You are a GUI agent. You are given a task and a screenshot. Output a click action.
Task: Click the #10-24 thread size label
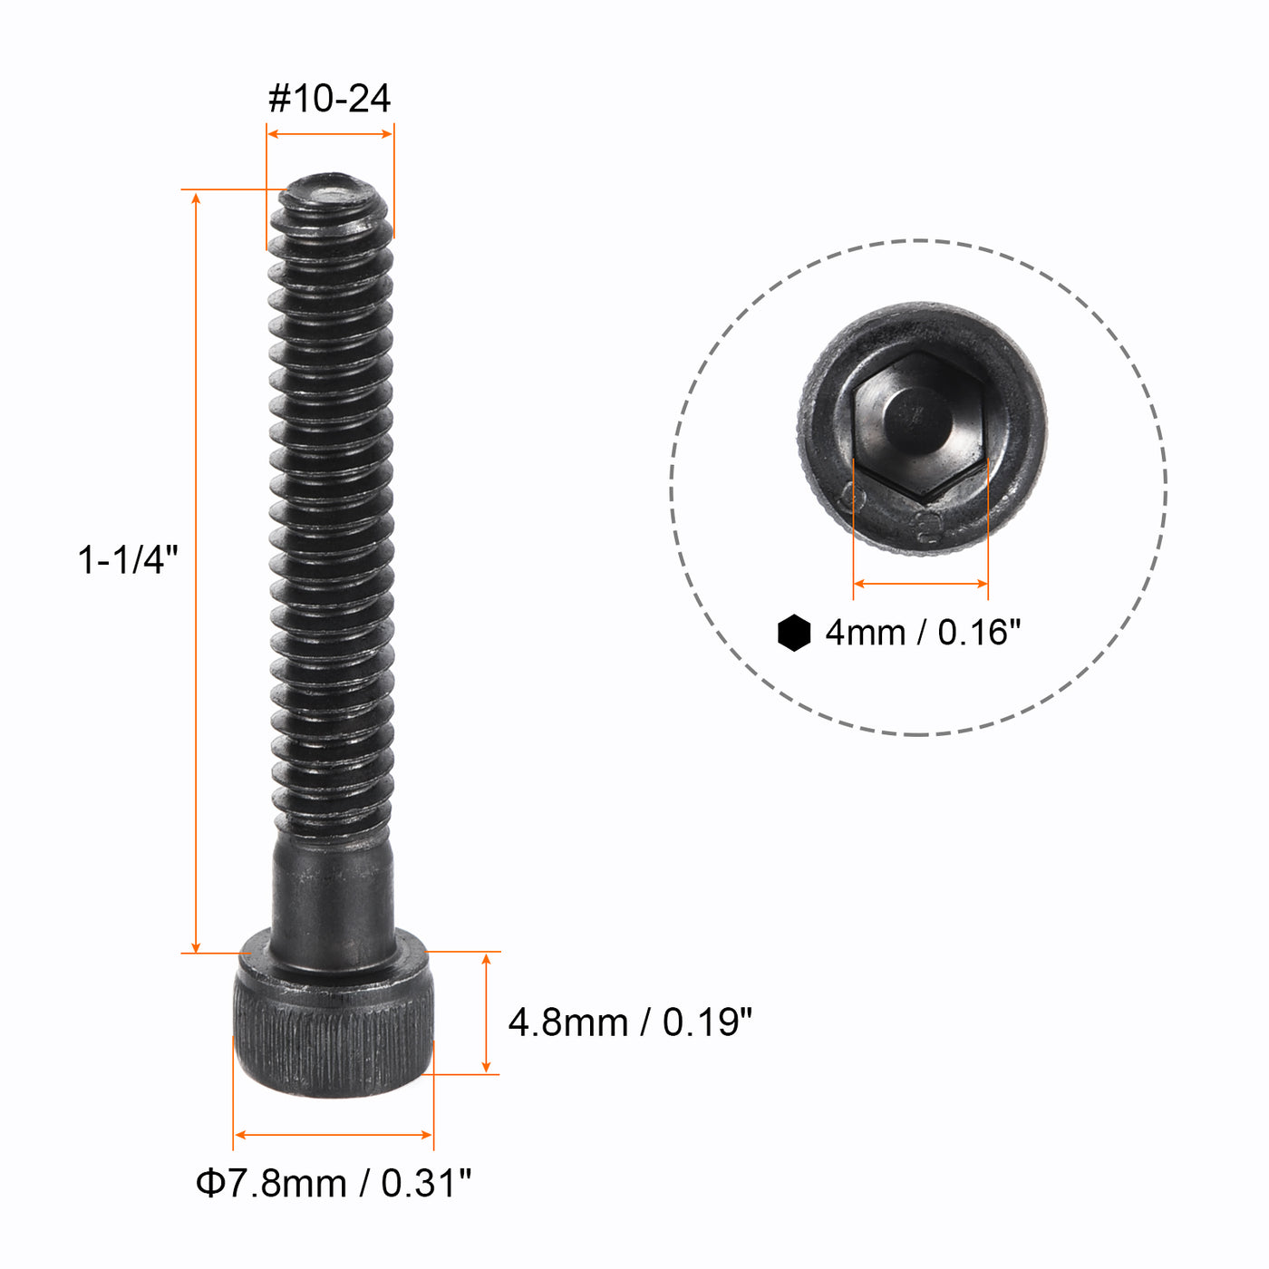pyautogui.click(x=329, y=98)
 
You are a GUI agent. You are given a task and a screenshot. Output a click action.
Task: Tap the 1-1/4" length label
pyautogui.click(x=128, y=559)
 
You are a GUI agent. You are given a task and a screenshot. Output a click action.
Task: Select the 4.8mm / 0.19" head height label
pyautogui.click(x=630, y=1022)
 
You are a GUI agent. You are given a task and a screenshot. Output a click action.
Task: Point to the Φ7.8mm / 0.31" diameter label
pyautogui.click(x=334, y=1183)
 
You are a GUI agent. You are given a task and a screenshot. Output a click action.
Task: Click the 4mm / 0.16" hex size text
pyautogui.click(x=923, y=633)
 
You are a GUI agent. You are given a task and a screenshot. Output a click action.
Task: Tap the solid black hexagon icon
pyautogui.click(x=794, y=633)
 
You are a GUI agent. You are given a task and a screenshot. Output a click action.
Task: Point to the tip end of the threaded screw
pyautogui.click(x=331, y=195)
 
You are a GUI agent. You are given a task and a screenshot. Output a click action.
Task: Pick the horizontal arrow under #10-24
pyautogui.click(x=330, y=134)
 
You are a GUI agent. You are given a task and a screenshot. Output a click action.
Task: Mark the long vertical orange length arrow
pyautogui.click(x=197, y=571)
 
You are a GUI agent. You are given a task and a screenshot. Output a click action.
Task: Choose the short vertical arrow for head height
pyautogui.click(x=487, y=1012)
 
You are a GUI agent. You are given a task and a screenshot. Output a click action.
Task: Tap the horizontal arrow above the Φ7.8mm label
pyautogui.click(x=334, y=1134)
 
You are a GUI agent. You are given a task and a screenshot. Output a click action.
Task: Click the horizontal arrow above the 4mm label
pyautogui.click(x=921, y=584)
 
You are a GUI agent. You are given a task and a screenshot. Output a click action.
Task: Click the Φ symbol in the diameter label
pyautogui.click(x=209, y=1183)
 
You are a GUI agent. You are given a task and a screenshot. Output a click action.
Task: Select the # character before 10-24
pyautogui.click(x=280, y=98)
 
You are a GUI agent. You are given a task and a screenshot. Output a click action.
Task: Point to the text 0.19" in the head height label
pyautogui.click(x=707, y=1022)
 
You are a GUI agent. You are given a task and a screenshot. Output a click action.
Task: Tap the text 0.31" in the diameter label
pyautogui.click(x=426, y=1183)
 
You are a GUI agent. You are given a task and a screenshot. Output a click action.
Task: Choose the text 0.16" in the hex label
pyautogui.click(x=979, y=633)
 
